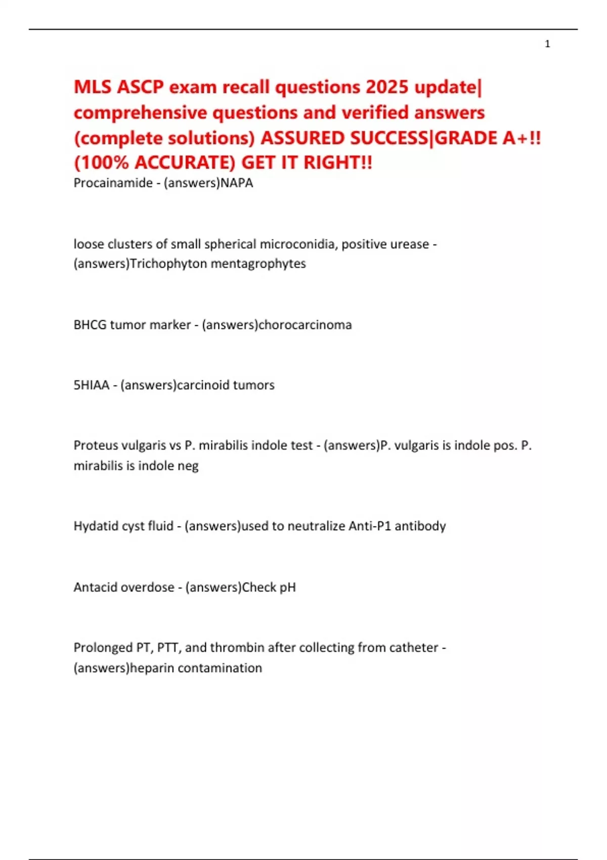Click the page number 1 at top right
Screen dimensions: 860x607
point(547,44)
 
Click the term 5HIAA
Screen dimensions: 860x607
point(91,385)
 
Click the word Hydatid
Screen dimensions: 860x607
point(94,526)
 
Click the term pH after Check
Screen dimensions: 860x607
point(287,587)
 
